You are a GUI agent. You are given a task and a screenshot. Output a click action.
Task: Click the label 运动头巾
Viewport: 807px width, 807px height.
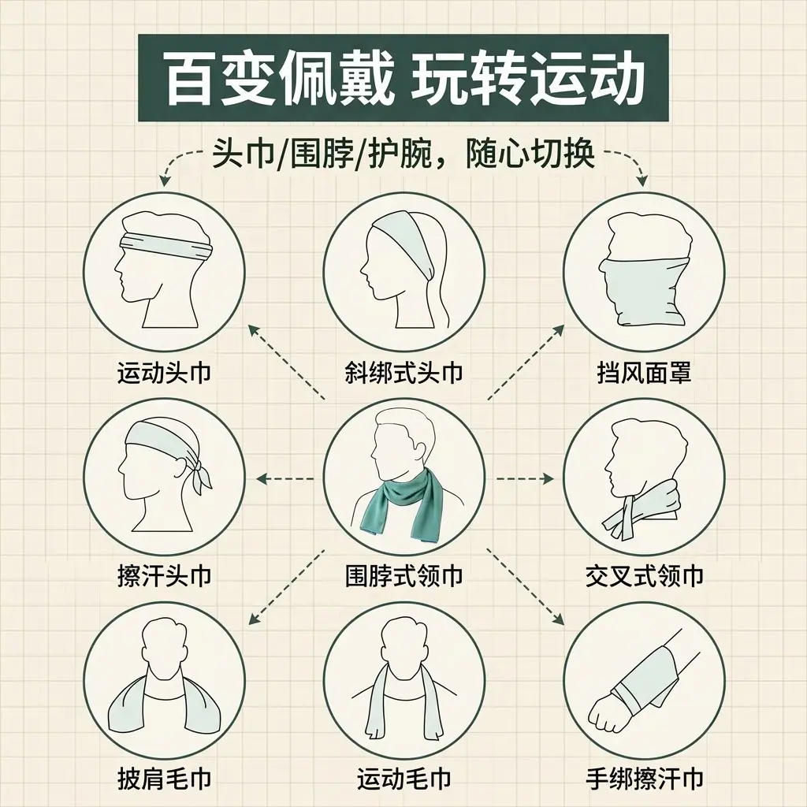pos(164,373)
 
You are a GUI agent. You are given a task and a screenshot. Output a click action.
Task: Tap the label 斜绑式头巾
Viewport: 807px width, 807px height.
pos(404,373)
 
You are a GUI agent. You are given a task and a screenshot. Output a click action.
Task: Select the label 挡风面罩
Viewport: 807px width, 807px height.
pos(644,373)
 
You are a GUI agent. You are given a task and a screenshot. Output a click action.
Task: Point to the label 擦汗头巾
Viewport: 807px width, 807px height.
pos(164,575)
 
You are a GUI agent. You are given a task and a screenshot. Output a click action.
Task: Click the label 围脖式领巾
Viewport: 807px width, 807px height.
pos(404,575)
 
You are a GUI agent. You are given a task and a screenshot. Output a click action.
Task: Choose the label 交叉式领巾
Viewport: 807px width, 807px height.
pos(644,575)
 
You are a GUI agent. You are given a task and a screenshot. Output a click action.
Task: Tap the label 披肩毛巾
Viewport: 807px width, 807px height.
pos(164,779)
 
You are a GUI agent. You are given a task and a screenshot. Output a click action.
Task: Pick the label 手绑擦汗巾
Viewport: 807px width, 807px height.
pos(644,779)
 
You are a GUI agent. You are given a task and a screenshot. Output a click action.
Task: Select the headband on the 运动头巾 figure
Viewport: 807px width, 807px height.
pos(165,246)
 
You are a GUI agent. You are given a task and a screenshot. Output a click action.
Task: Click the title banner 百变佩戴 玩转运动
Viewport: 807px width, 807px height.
pos(403,78)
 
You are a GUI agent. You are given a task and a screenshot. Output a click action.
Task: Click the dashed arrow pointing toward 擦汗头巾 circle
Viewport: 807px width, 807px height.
pos(286,479)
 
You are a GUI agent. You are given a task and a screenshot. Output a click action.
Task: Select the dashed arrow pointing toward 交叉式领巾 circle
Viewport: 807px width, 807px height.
pos(524,479)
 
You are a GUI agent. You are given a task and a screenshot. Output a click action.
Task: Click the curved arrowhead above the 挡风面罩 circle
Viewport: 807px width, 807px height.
pos(642,180)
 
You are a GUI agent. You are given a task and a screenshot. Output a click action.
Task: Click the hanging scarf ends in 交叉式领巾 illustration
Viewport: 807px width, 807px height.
pos(621,520)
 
